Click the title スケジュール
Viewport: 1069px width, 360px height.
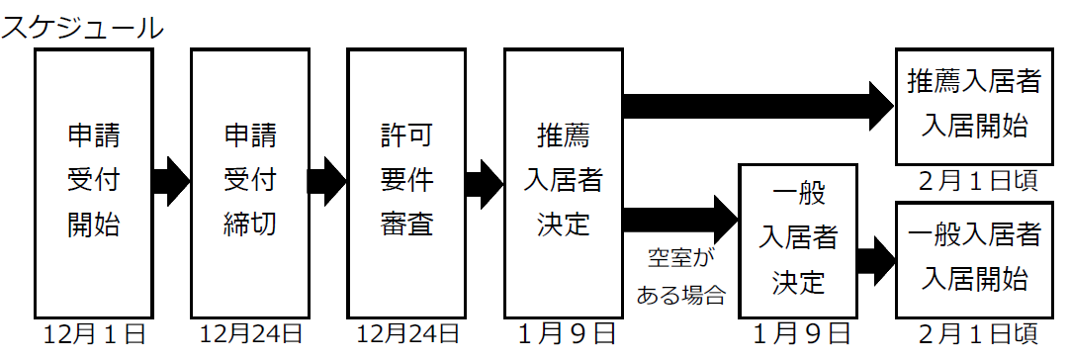[81, 27]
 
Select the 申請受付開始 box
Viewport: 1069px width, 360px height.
[94, 181]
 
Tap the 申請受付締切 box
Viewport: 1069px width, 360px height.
[249, 181]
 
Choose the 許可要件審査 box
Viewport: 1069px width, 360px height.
[406, 181]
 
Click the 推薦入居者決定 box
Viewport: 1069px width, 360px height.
[563, 181]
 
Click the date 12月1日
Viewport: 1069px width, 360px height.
[94, 335]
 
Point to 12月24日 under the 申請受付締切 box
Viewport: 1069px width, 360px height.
[249, 335]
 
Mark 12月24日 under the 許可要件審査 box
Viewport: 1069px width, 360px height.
[406, 335]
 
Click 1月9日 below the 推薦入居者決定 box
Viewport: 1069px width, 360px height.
[563, 335]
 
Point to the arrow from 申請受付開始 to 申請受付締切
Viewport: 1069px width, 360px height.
[171, 181]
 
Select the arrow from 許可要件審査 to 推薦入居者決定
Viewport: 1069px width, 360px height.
[485, 181]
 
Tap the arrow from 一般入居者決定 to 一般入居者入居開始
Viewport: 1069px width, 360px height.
[876, 260]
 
